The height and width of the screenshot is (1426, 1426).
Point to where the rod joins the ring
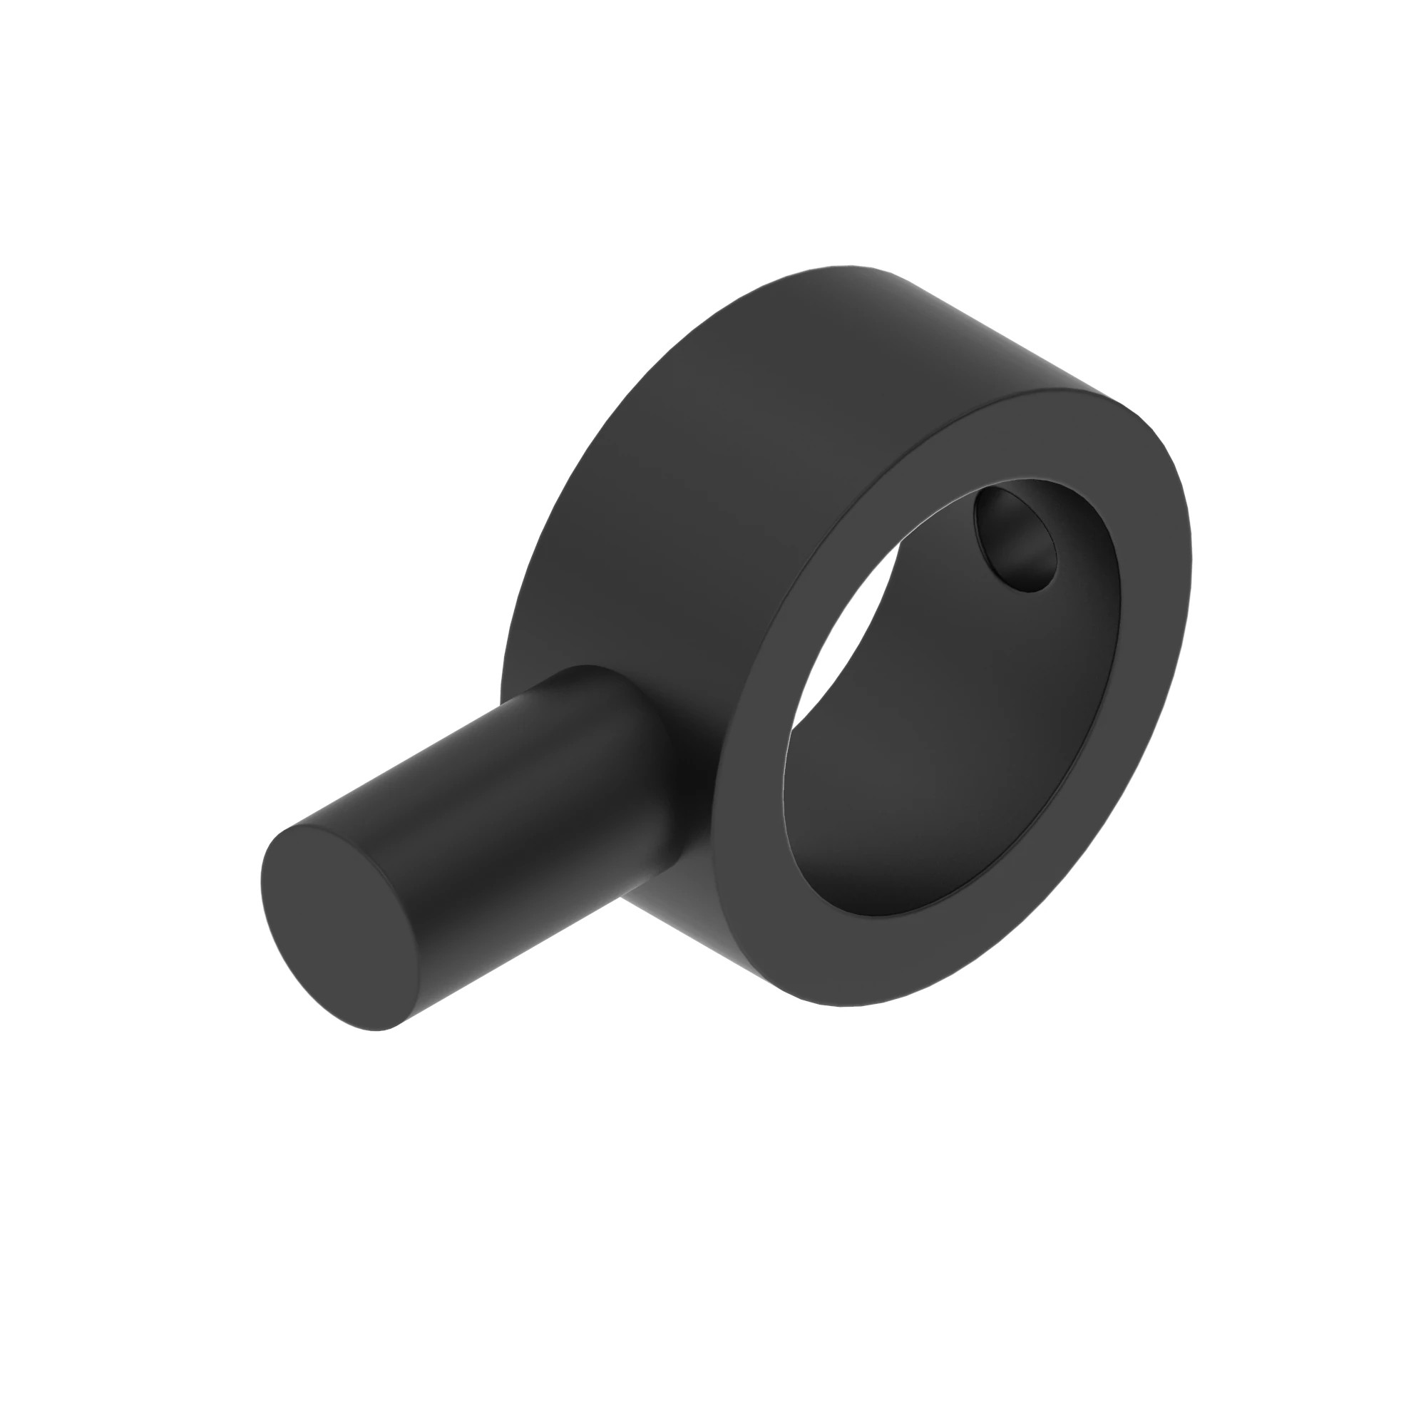(x=657, y=746)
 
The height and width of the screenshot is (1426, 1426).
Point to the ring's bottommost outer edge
(x=848, y=1005)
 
